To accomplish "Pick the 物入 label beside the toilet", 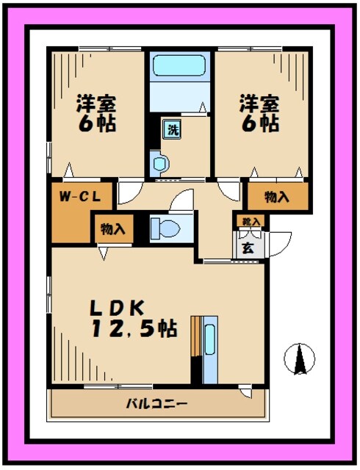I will click(113, 228).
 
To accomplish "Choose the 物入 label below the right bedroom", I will click(276, 197).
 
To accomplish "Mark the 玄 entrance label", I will click(248, 247).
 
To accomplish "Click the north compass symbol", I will click(300, 358).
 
